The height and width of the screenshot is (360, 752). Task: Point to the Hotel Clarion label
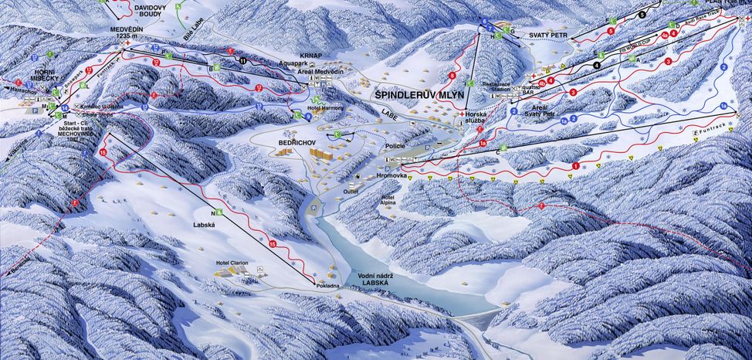[x=232, y=263]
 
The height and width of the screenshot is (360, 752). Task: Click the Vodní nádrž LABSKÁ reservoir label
[x=380, y=280]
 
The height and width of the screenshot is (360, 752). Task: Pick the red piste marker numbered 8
[x=452, y=76]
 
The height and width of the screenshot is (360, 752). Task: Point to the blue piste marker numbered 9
[x=308, y=116]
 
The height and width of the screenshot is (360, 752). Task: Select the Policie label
[x=394, y=144]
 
